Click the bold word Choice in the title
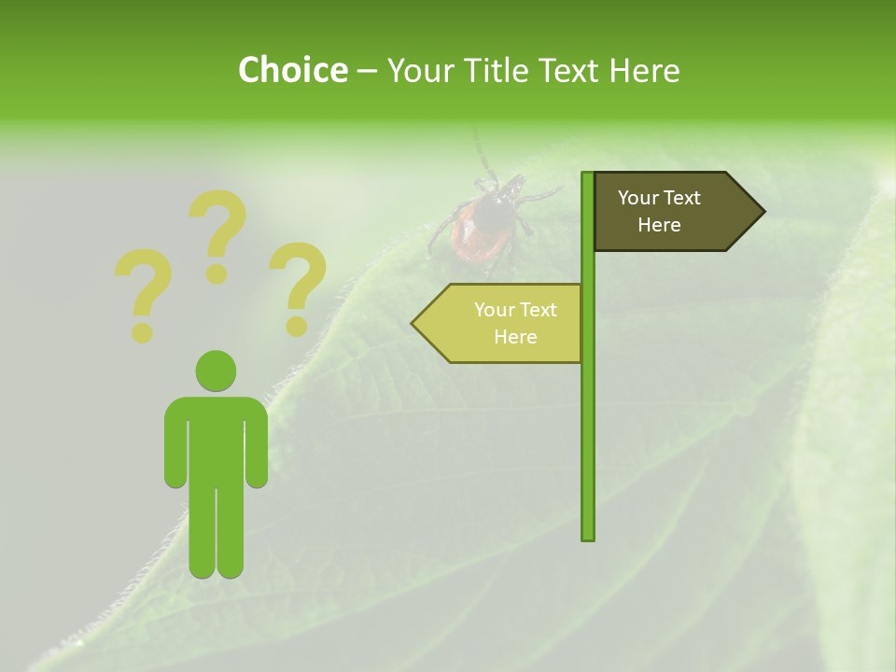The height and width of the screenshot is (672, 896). tap(292, 70)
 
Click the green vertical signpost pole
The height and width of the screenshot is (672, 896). tap(587, 420)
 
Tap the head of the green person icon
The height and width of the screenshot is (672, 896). tap(216, 371)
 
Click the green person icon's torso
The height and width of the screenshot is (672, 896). tap(216, 439)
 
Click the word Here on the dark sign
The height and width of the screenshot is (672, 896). tap(659, 225)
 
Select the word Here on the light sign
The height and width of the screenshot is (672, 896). tap(515, 337)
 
